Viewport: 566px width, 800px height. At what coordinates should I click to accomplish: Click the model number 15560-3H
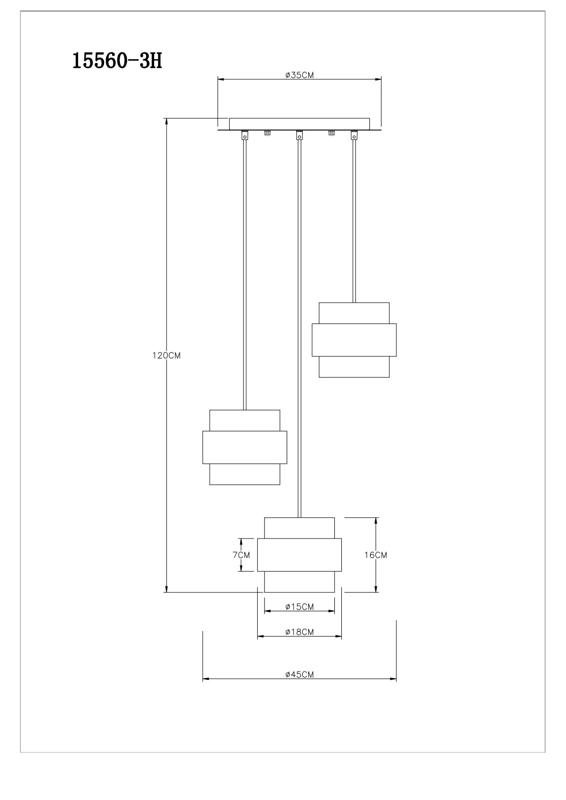pos(117,60)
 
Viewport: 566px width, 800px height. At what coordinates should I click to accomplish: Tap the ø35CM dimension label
pos(299,75)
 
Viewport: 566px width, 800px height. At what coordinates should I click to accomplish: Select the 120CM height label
pos(166,355)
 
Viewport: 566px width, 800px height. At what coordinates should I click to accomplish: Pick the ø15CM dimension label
pos(299,607)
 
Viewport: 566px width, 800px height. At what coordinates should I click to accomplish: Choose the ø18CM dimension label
pos(299,632)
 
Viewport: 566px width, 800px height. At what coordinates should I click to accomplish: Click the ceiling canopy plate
pos(299,123)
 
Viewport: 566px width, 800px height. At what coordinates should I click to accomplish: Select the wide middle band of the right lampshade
pos(354,339)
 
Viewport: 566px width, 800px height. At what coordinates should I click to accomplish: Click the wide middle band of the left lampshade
pos(245,447)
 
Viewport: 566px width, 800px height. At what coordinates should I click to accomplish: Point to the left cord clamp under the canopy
pos(245,135)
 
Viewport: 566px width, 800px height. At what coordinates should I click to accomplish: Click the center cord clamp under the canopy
pos(299,135)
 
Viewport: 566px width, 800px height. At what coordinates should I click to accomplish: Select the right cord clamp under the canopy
pos(354,135)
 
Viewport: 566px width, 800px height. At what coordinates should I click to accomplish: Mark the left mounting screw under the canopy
pos(267,133)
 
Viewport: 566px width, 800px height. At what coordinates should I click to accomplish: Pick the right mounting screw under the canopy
pos(331,133)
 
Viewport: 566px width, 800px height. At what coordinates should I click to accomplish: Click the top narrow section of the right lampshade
pos(354,313)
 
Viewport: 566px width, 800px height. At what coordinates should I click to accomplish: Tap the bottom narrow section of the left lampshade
pos(245,474)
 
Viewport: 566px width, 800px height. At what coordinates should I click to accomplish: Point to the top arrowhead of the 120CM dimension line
pos(166,121)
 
